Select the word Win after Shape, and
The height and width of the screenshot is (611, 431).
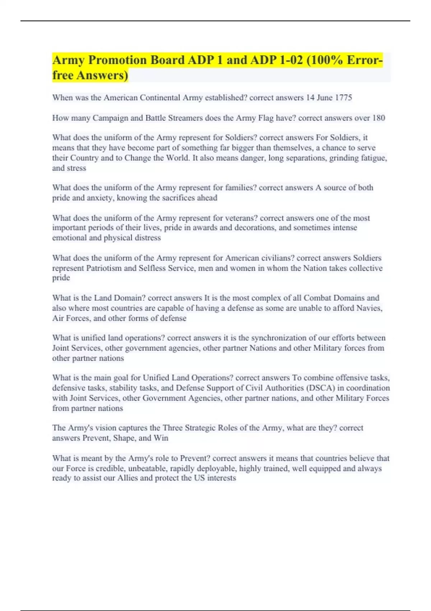161,438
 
